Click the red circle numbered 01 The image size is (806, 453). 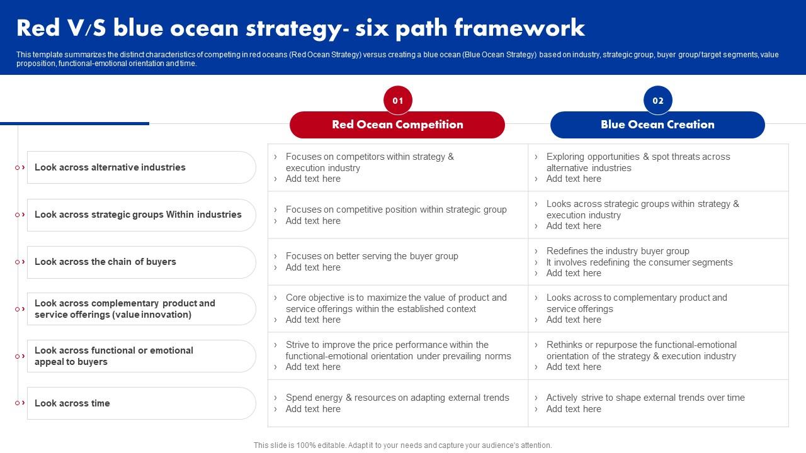pyautogui.click(x=397, y=100)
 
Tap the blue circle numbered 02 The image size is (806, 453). pyautogui.click(x=658, y=100)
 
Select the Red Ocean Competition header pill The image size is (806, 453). pyautogui.click(x=397, y=125)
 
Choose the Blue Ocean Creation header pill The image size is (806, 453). pyautogui.click(x=657, y=125)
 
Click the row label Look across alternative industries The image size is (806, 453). pyautogui.click(x=110, y=167)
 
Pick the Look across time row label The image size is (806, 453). pyautogui.click(x=72, y=403)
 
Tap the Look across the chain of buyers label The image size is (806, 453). pyautogui.click(x=105, y=262)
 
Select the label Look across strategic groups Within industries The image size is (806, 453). pyautogui.click(x=138, y=215)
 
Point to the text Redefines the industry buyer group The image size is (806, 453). pyautogui.click(x=618, y=251)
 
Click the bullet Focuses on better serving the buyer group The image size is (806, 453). pyautogui.click(x=372, y=256)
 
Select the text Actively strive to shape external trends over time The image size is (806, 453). pyautogui.click(x=645, y=398)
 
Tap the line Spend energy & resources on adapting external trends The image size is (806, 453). pyautogui.click(x=397, y=398)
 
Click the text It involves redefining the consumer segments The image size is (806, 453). pyautogui.click(x=639, y=262)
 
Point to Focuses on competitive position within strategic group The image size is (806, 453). pyautogui.click(x=396, y=210)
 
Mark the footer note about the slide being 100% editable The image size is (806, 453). pyautogui.click(x=402, y=445)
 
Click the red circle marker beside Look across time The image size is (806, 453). pyautogui.click(x=17, y=403)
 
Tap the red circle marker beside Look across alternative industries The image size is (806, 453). pyautogui.click(x=17, y=167)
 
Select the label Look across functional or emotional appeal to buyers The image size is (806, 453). pyautogui.click(x=114, y=356)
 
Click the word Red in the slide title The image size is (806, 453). pyautogui.click(x=38, y=28)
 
